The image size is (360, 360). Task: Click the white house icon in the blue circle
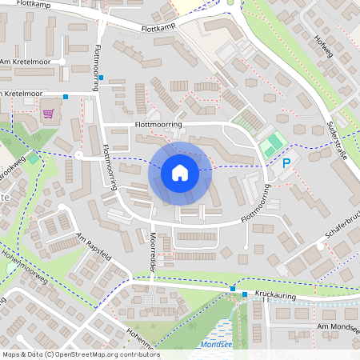pos(180,172)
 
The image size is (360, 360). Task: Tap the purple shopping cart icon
pos(48,113)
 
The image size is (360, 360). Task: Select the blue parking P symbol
pos(286,163)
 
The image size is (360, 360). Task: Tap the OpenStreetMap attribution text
pos(81,354)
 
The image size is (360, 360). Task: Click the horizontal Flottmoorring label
pos(158,125)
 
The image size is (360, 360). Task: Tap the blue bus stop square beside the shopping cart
pos(66,97)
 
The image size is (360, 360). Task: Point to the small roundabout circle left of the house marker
pos(78,155)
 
